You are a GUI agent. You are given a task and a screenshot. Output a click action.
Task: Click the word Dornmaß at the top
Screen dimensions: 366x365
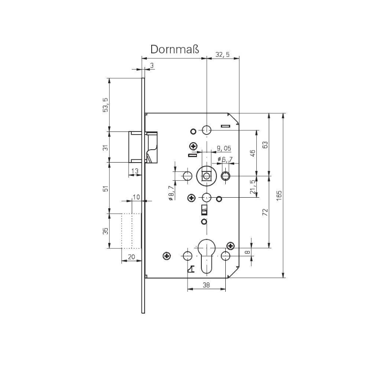point(175,49)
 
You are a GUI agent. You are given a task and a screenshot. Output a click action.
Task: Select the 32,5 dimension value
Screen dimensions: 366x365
point(222,55)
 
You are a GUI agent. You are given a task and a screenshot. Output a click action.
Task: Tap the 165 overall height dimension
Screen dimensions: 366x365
point(279,195)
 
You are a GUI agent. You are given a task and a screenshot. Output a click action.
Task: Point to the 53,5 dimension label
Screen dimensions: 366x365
point(105,105)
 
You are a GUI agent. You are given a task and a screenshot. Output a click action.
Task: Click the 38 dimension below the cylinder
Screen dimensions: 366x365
point(206,286)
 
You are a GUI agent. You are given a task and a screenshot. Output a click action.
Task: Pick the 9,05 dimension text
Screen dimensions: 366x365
point(224,148)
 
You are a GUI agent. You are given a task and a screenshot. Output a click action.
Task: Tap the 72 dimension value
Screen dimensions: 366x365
point(265,212)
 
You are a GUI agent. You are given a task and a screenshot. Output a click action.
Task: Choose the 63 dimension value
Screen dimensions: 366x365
point(265,145)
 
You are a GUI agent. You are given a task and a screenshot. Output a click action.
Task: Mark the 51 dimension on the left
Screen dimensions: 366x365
point(105,188)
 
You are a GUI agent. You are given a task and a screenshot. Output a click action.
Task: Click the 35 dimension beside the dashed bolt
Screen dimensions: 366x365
point(105,231)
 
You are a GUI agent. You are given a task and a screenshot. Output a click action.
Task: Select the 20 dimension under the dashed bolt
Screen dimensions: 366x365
point(131,257)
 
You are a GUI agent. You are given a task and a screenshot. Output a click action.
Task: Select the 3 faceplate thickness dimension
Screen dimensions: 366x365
point(152,66)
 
